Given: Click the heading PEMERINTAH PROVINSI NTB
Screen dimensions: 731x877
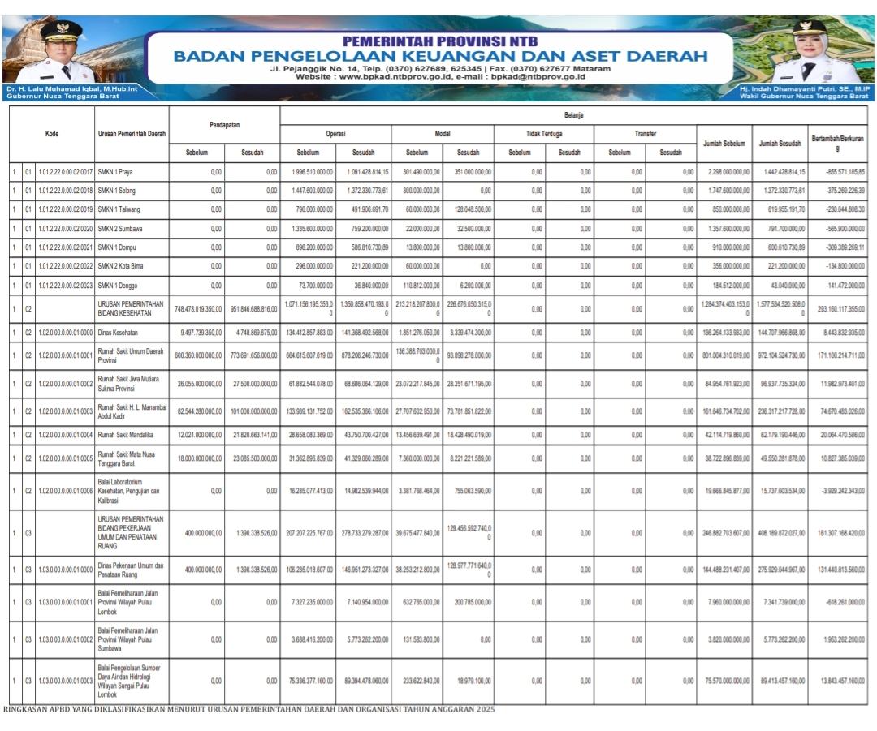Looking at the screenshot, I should (x=439, y=41).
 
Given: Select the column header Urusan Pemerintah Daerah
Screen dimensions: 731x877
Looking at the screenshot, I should (x=132, y=134).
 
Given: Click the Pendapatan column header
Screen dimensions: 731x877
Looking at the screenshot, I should (x=224, y=125).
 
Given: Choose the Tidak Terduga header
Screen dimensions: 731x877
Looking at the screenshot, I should (x=544, y=134).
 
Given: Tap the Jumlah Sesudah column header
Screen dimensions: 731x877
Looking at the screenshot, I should (x=780, y=143).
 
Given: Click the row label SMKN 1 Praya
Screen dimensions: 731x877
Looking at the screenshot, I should (x=114, y=172).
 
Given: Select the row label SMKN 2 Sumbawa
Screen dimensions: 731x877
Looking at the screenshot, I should (x=119, y=229).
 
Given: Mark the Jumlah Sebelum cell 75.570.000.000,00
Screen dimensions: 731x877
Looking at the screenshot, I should (x=724, y=681).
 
